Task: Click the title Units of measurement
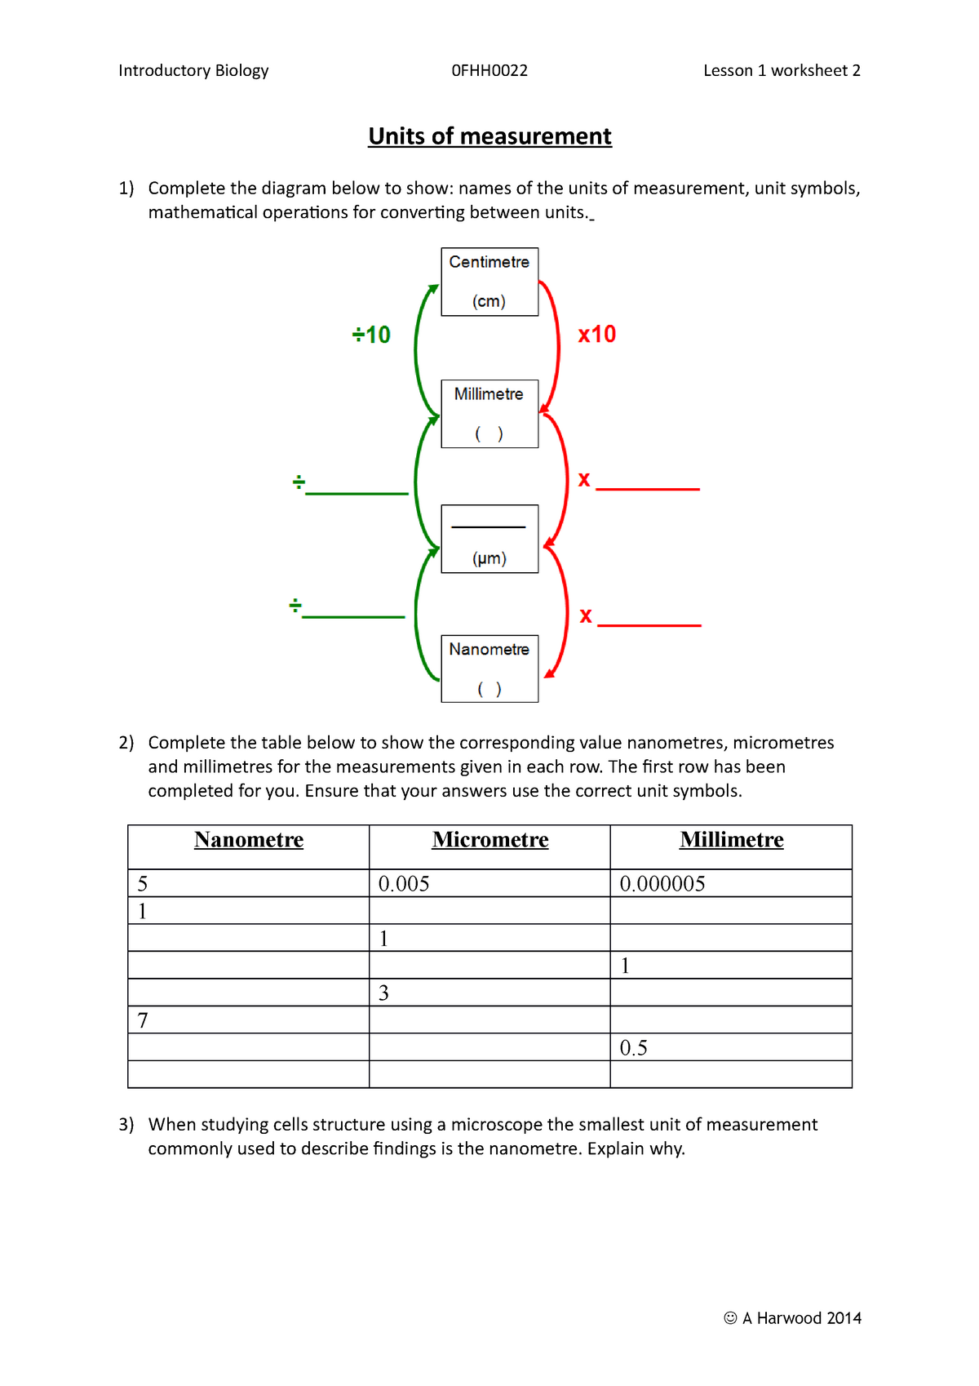pos(489,136)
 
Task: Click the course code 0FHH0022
pos(489,71)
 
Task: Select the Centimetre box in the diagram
pos(489,282)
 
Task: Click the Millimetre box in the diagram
pos(489,413)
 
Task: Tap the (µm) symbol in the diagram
pos(489,559)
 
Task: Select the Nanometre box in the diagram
pos(489,668)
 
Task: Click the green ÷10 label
pos(371,335)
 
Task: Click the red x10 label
pos(597,335)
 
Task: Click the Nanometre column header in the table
pos(249,840)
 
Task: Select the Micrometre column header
pos(490,840)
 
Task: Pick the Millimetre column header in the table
pos(732,840)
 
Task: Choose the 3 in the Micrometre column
pos(384,993)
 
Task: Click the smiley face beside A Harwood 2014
pos(730,1318)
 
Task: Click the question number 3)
pos(126,1125)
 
